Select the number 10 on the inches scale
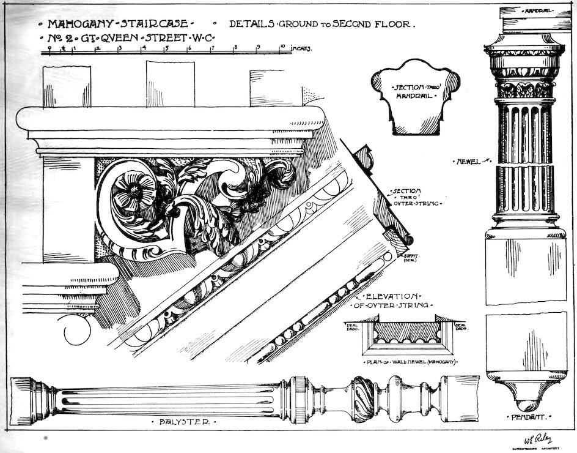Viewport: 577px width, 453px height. pos(283,47)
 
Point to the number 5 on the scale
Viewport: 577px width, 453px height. pos(166,48)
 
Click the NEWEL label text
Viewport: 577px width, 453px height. pos(468,162)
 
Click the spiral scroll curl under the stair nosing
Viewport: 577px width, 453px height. pos(78,331)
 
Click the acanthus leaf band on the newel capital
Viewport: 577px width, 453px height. pos(524,90)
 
